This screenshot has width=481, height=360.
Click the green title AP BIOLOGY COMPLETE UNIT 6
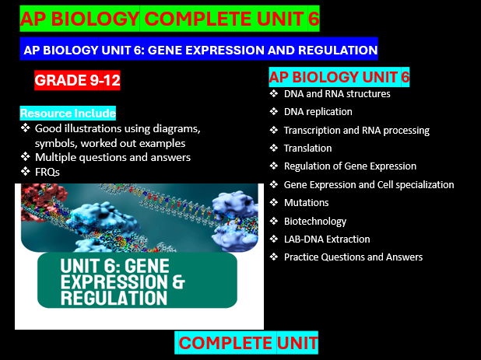[x=170, y=19]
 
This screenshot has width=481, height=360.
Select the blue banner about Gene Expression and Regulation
[x=199, y=50]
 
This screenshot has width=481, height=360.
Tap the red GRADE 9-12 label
[x=77, y=79]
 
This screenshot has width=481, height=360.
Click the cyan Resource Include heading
[x=68, y=114]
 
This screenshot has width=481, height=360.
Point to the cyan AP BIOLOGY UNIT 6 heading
[x=339, y=77]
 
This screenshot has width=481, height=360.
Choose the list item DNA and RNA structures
[x=337, y=94]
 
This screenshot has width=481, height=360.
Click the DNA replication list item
[x=318, y=112]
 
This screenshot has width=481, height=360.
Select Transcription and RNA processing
[x=356, y=130]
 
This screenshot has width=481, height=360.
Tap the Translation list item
[x=307, y=148]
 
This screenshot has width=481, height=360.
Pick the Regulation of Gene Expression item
[x=349, y=166]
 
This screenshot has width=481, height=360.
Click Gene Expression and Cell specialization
[x=368, y=184]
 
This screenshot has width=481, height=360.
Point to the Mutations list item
[x=306, y=202]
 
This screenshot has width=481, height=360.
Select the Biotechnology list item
[x=315, y=221]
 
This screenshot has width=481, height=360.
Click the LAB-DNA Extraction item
[x=327, y=239]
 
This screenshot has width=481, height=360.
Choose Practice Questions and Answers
[x=353, y=257]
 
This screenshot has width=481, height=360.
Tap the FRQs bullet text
[x=48, y=171]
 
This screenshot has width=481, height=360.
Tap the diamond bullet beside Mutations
[x=274, y=202]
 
